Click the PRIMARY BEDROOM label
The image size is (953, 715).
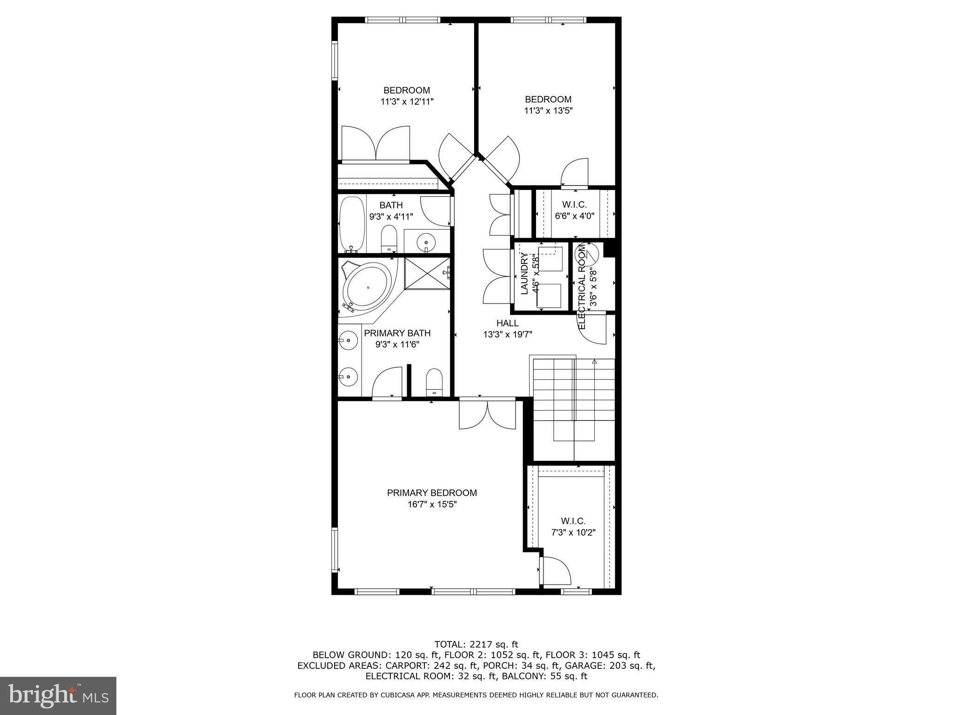coord(432,492)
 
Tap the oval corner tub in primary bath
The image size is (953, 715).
coord(368,287)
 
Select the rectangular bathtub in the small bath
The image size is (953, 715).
coord(352,224)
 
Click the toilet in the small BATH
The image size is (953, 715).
coord(389,239)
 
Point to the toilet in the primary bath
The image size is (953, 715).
coord(434,382)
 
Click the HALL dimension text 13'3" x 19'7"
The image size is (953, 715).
coord(507,334)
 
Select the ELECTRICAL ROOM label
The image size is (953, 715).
coord(582,286)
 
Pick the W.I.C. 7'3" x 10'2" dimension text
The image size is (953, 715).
coord(573,533)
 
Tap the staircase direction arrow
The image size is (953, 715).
coord(594,361)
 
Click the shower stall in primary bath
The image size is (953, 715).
coord(426,273)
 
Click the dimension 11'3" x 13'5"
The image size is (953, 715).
coord(548,111)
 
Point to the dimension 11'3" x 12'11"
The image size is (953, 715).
coord(407,101)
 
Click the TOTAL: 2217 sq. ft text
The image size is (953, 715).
coord(476,644)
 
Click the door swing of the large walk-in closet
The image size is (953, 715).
coord(556,571)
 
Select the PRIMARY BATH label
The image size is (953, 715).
coord(397,333)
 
